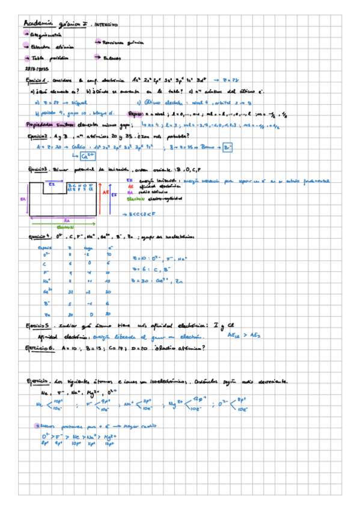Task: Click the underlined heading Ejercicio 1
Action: point(38,80)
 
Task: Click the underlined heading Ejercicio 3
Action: point(38,169)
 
